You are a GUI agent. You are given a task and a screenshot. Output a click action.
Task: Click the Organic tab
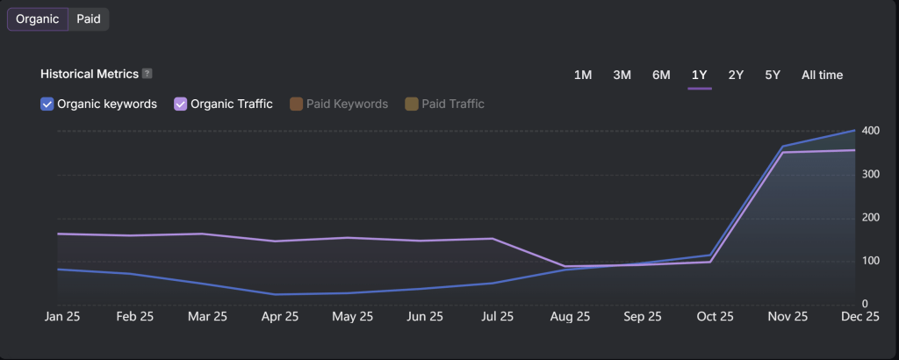(x=38, y=19)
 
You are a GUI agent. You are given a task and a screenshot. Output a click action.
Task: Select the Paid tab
(x=89, y=19)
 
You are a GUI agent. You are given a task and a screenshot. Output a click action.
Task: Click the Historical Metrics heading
(x=89, y=74)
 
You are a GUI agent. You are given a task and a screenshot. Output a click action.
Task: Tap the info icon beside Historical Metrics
(x=147, y=74)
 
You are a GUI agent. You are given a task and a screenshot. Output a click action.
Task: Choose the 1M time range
(x=583, y=76)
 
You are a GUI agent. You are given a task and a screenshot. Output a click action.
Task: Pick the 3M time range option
(x=622, y=76)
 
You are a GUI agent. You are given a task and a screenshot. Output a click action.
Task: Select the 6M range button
(x=661, y=76)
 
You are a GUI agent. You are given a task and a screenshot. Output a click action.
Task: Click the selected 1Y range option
(x=700, y=76)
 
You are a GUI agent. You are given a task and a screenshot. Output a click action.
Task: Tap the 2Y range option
(x=736, y=76)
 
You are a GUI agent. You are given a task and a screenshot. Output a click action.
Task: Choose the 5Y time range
(x=773, y=76)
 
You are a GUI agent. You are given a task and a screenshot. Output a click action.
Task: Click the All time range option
(x=822, y=76)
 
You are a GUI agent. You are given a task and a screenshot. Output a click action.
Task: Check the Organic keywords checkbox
(x=47, y=104)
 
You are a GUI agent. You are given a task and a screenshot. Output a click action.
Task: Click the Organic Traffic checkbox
(x=181, y=104)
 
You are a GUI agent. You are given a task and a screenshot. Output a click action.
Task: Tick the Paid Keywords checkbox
(x=297, y=104)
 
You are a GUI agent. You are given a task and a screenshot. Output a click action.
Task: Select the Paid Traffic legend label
(x=452, y=104)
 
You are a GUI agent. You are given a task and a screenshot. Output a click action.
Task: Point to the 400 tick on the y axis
(x=871, y=131)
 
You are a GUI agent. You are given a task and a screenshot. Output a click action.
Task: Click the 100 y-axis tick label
(x=871, y=261)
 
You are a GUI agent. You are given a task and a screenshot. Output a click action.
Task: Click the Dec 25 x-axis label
(x=860, y=317)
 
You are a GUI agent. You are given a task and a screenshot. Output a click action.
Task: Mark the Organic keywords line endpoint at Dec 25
(x=855, y=131)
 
